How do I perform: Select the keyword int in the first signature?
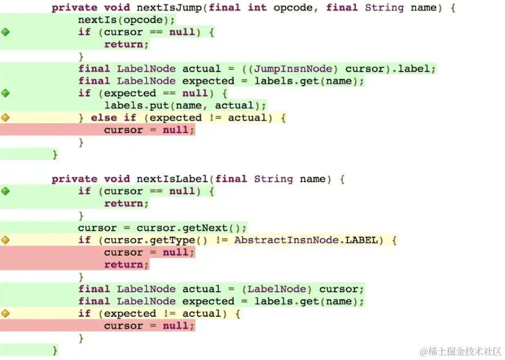click(257, 8)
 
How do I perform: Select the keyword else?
click(104, 118)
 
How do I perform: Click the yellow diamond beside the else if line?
click(6, 118)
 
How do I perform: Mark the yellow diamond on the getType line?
click(6, 240)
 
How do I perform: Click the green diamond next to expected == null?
click(6, 93)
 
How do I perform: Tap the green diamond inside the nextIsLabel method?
click(6, 191)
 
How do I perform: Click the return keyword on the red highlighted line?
click(126, 264)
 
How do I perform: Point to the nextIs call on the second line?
click(91, 20)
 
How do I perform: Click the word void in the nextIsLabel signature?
click(117, 179)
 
